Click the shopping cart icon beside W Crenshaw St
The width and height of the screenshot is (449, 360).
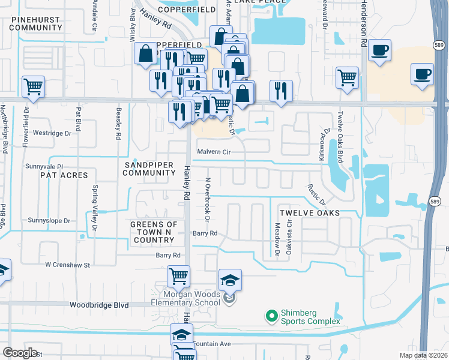[x=178, y=277]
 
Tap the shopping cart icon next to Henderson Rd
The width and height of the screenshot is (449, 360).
[x=347, y=78]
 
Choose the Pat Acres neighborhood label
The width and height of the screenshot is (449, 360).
[x=64, y=175]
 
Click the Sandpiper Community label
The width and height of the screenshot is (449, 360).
[x=149, y=169]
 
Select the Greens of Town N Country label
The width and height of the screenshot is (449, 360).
[x=152, y=232]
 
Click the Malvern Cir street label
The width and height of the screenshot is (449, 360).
[x=214, y=152]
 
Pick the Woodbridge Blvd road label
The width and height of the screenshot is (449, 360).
[x=99, y=305]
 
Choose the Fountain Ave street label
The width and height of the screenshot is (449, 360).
[x=212, y=344]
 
